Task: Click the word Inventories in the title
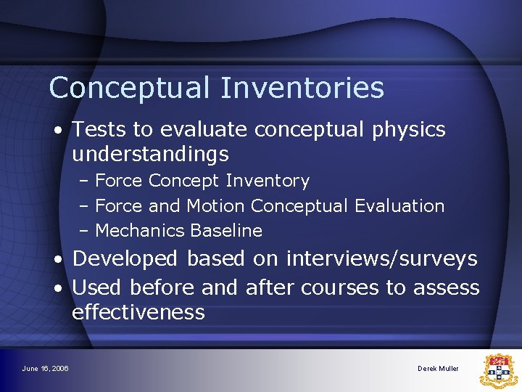coord(302,89)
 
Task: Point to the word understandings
coord(150,155)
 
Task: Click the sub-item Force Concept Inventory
coord(202,181)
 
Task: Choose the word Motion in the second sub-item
coord(216,206)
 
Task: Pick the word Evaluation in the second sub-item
coord(399,206)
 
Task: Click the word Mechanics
coord(140,231)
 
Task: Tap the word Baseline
coord(226,231)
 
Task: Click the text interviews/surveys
coord(381,259)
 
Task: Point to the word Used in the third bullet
coord(96,288)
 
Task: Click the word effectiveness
coord(138,313)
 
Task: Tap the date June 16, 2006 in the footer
coord(46,369)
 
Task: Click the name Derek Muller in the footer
coord(438,369)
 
